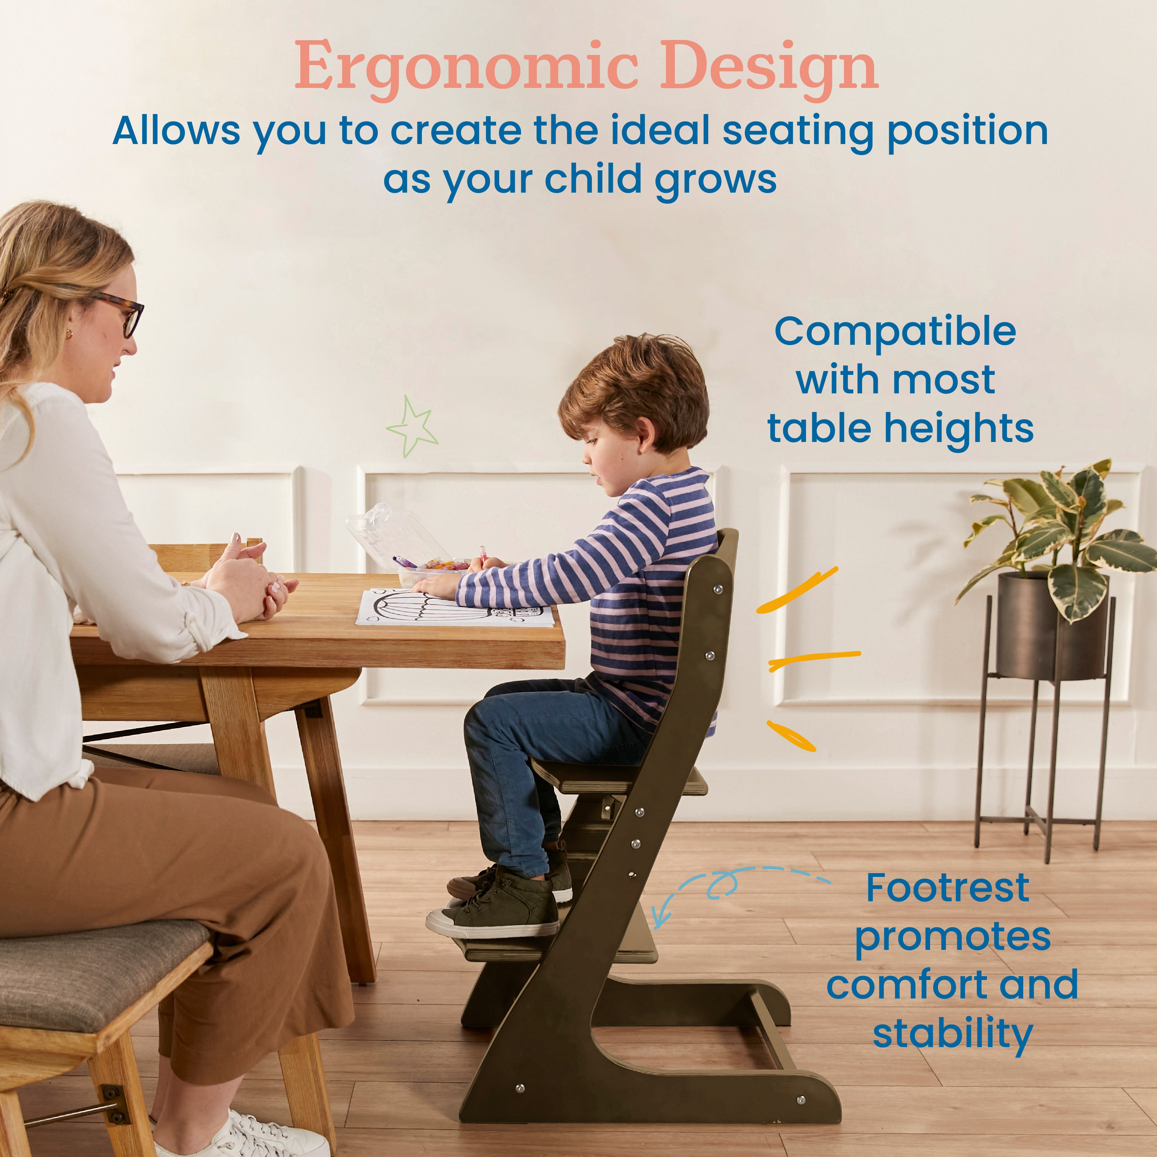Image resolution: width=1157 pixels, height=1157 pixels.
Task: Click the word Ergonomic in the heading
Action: pyautogui.click(x=464, y=67)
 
